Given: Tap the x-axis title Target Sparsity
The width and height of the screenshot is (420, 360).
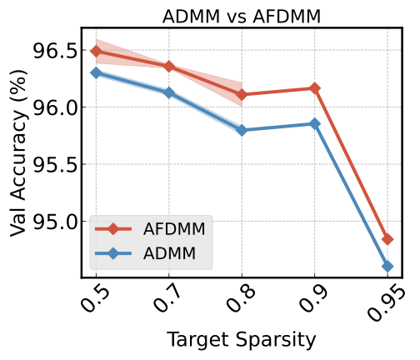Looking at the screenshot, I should [242, 339].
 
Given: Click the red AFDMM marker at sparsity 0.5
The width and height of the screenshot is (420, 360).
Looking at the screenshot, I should [96, 51].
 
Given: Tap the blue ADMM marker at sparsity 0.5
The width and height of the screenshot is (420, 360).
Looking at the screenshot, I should [96, 72].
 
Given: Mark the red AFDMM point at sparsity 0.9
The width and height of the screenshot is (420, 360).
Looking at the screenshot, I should [314, 88].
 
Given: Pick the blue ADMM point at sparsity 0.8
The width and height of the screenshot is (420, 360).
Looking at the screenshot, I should [242, 130].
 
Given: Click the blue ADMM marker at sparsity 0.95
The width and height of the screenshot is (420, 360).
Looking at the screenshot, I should [387, 266].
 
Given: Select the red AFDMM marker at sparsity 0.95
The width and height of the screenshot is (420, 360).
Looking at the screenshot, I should [387, 239].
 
